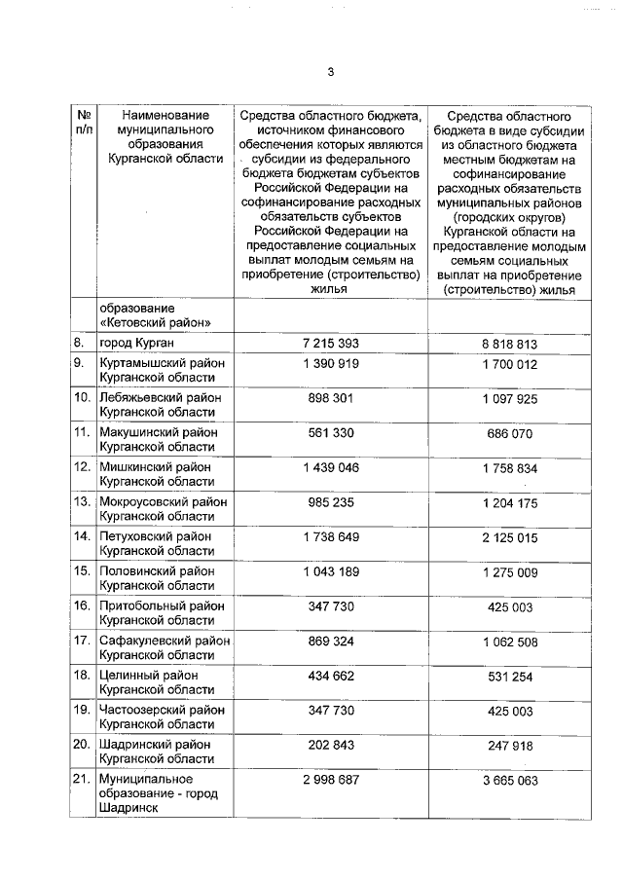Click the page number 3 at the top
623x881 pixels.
click(331, 72)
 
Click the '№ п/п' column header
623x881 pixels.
click(83, 122)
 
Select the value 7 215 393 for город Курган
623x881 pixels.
click(331, 345)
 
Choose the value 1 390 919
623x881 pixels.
click(331, 363)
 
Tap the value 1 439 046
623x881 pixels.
click(331, 467)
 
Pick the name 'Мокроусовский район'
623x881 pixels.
click(164, 502)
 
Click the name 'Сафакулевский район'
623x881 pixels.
click(165, 641)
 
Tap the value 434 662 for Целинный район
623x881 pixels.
click(331, 676)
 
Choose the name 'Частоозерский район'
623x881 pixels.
click(162, 710)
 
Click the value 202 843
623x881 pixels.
click(331, 745)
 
